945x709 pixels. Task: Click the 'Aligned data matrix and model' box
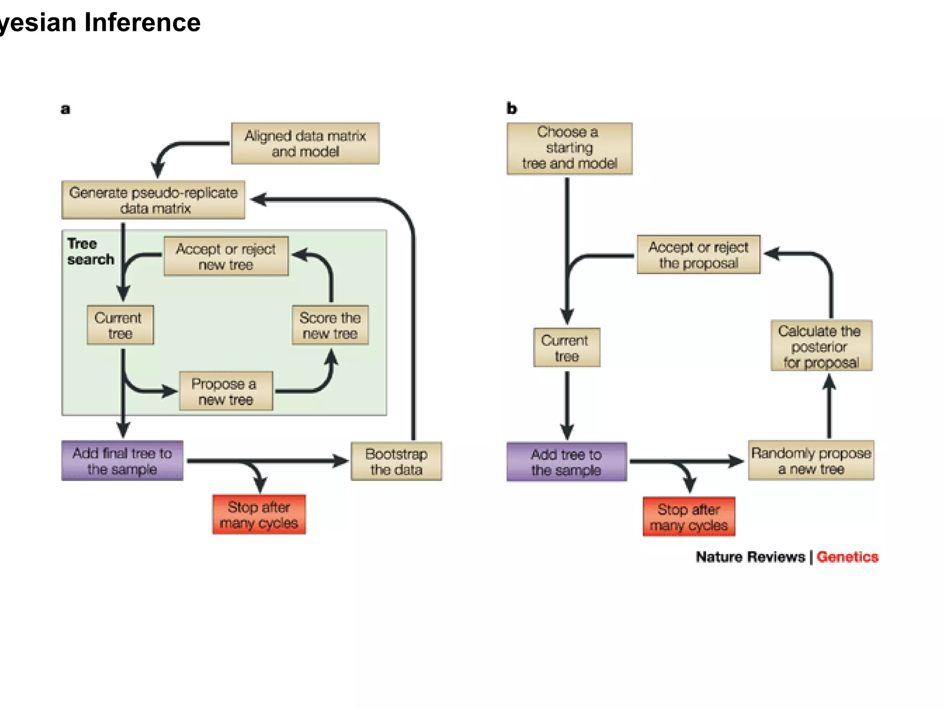point(305,144)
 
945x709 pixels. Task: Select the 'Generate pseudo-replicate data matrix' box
point(153,200)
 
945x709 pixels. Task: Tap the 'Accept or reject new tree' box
point(226,257)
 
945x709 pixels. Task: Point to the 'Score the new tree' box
point(330,325)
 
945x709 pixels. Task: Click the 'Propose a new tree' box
point(226,391)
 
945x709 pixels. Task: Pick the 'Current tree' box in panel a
point(120,325)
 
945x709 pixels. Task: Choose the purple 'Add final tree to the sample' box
point(122,461)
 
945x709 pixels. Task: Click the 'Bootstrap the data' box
point(396,461)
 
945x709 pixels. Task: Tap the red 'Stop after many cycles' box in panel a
point(259,514)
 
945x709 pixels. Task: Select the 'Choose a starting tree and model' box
point(569,148)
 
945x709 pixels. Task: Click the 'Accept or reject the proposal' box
point(698,254)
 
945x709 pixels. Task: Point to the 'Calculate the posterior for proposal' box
point(821,346)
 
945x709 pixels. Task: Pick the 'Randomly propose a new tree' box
point(811,460)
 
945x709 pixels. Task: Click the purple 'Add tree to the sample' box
point(566,462)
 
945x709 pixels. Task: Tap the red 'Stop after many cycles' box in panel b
point(688,517)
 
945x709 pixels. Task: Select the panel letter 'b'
point(512,108)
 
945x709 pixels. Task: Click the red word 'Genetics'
point(847,557)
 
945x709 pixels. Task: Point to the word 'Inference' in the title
point(142,22)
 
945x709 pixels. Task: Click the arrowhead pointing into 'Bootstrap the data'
point(341,461)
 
